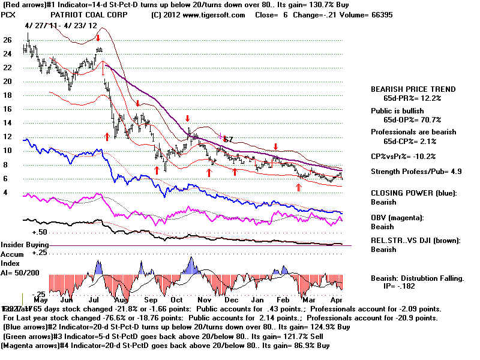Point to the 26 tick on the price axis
(8, 40)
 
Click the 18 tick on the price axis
(8, 95)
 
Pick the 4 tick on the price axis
(5, 192)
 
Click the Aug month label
(122, 299)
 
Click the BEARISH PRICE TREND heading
(413, 89)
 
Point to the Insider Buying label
(25, 245)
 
